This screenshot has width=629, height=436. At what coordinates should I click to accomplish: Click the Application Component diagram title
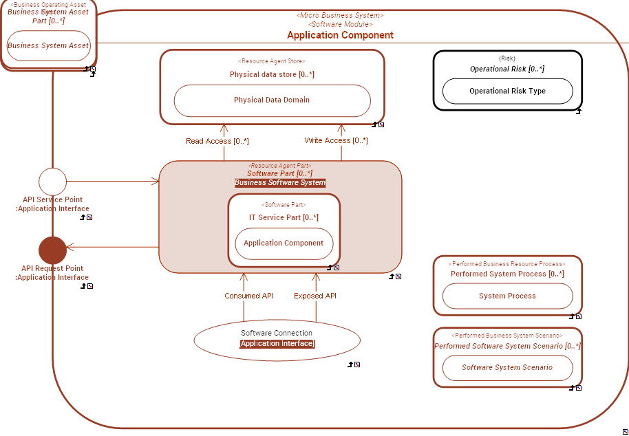pyautogui.click(x=340, y=35)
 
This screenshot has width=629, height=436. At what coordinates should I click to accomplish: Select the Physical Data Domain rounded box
pyautogui.click(x=272, y=100)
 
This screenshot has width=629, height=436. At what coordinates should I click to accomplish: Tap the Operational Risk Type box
pyautogui.click(x=507, y=91)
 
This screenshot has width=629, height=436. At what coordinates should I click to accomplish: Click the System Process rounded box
pyautogui.click(x=507, y=296)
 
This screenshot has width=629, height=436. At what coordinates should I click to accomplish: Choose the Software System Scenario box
pyautogui.click(x=507, y=368)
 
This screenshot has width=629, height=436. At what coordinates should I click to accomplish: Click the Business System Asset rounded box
pyautogui.click(x=48, y=46)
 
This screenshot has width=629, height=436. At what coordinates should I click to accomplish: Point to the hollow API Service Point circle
pyautogui.click(x=52, y=182)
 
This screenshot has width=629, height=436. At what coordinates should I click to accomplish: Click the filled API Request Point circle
pyautogui.click(x=52, y=250)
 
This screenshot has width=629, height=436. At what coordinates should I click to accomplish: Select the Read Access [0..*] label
pyautogui.click(x=217, y=141)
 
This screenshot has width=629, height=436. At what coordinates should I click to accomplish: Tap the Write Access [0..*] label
pyautogui.click(x=336, y=140)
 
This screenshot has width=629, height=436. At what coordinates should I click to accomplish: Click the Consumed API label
pyautogui.click(x=248, y=296)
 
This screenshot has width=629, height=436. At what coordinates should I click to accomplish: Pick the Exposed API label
pyautogui.click(x=315, y=296)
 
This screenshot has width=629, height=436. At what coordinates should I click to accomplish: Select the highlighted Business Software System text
pyautogui.click(x=280, y=183)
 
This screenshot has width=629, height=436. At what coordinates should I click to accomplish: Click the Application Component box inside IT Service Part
pyautogui.click(x=284, y=243)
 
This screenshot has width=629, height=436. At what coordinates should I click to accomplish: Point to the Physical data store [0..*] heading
pyautogui.click(x=272, y=74)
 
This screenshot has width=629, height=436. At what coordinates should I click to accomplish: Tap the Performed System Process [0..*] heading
pyautogui.click(x=507, y=274)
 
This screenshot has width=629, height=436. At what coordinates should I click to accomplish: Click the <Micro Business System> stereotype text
pyautogui.click(x=340, y=15)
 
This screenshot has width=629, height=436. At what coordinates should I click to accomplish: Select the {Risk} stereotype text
pyautogui.click(x=507, y=58)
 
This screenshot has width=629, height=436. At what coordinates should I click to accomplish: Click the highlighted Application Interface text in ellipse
pyautogui.click(x=277, y=344)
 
